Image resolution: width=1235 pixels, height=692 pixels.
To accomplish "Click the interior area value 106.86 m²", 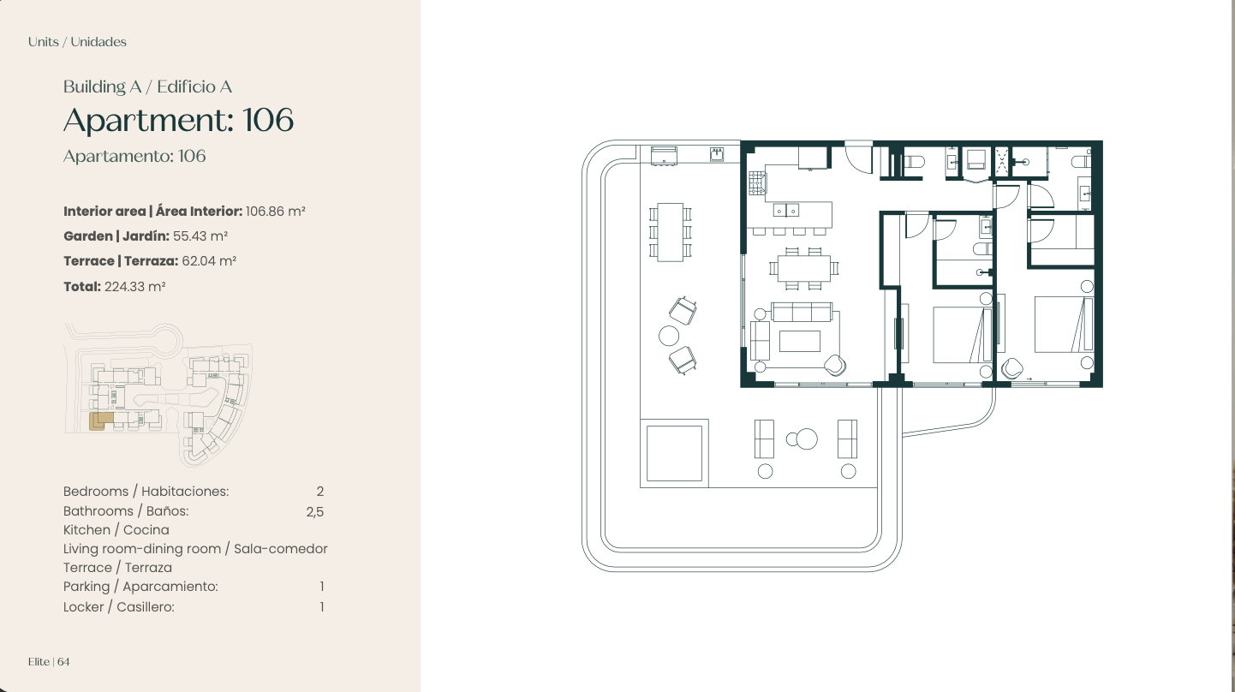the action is tap(275, 212).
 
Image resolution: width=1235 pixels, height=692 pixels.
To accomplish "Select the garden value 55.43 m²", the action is tap(200, 236).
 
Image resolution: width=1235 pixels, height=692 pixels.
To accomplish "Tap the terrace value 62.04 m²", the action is tap(209, 261).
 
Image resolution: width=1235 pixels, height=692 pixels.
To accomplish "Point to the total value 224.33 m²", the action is tap(135, 287).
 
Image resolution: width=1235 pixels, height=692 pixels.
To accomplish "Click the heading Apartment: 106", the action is tap(179, 120).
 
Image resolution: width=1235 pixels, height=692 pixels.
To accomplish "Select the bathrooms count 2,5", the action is tap(315, 511).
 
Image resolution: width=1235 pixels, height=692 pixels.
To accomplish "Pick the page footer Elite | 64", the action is tap(49, 662).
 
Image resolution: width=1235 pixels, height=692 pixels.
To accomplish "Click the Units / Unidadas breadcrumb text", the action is tap(77, 42).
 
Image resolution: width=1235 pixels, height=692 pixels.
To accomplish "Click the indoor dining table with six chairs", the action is tap(804, 269).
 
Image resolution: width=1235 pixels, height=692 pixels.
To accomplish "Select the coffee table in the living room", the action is tap(799, 341).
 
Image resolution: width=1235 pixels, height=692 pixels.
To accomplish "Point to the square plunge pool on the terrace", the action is tap(674, 453).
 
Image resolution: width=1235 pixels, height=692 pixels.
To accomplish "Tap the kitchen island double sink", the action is tap(786, 210).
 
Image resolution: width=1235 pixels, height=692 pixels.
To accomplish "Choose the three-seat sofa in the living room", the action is tap(802, 312).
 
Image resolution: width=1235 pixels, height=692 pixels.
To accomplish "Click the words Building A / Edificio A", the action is tap(148, 86).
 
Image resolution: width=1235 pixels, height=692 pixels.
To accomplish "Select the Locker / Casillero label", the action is tap(118, 607).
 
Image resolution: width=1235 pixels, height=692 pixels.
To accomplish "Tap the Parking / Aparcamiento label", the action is tap(140, 587).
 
